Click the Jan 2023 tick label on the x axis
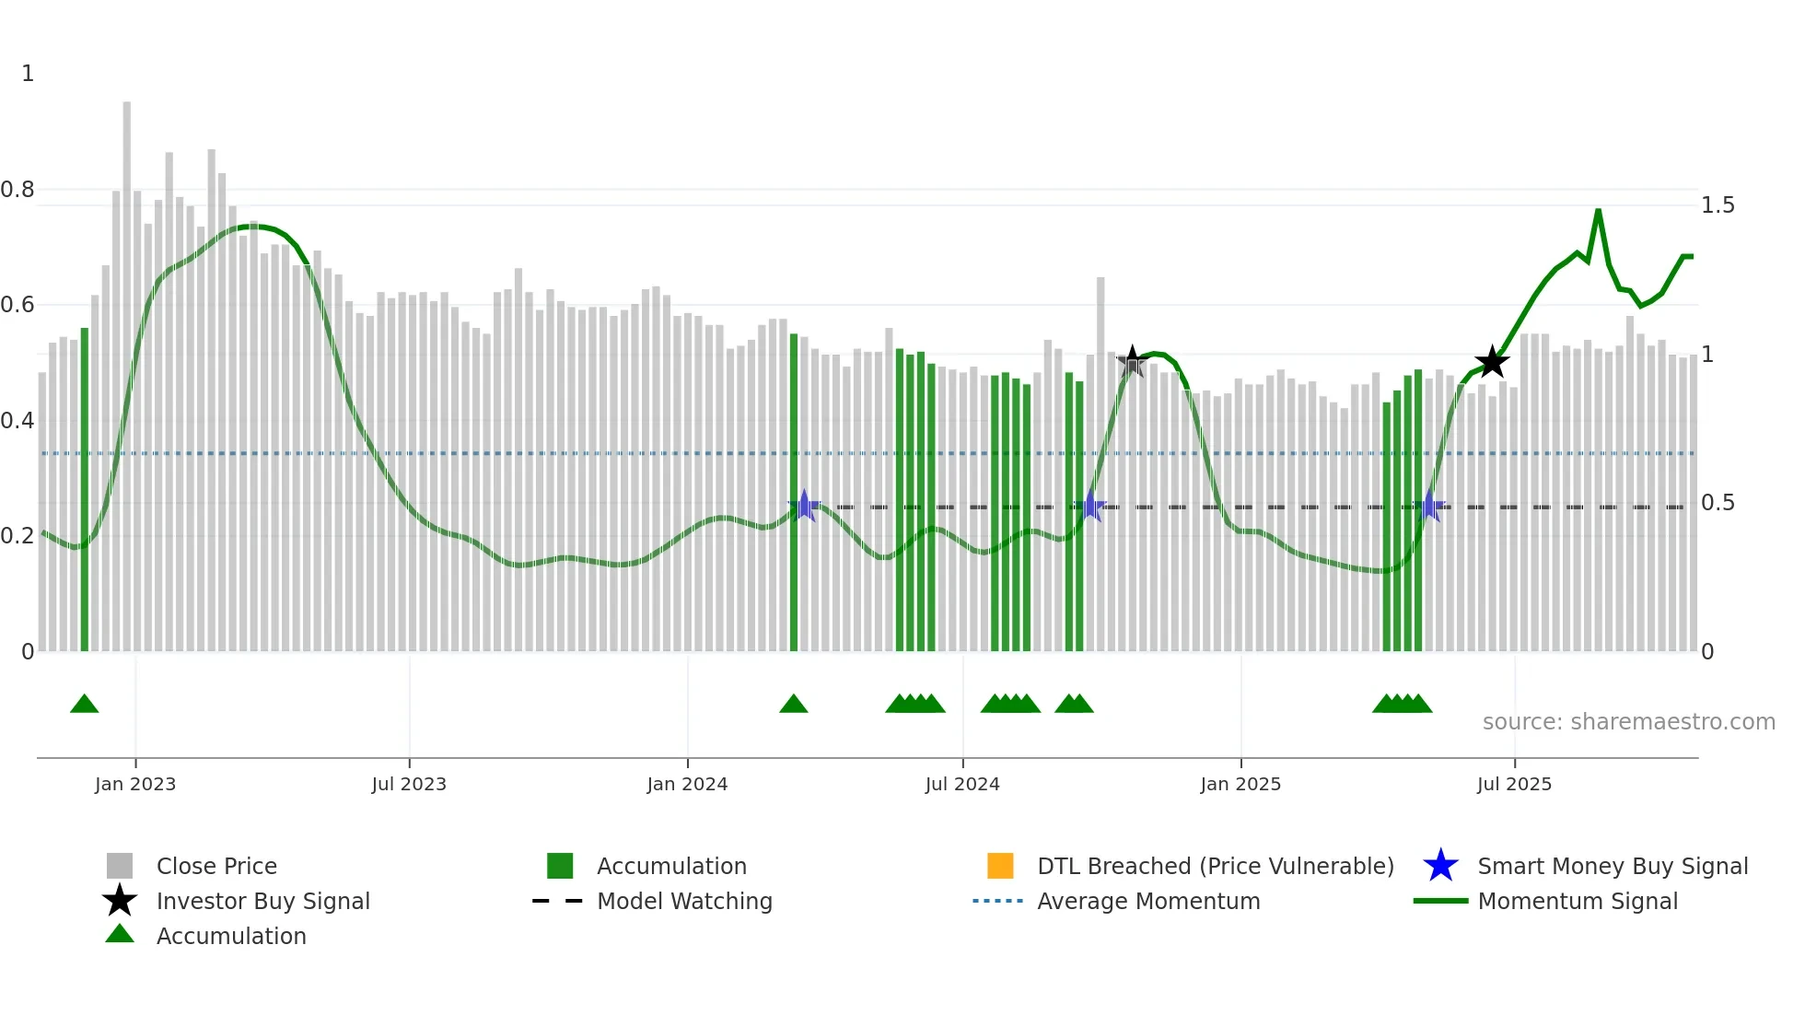135,785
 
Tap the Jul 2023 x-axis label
409,785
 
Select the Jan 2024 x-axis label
687,785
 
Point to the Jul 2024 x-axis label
962,785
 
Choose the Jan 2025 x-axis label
1240,785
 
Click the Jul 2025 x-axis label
1514,785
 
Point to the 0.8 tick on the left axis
17,190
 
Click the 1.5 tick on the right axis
1718,205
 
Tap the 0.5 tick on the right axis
1718,503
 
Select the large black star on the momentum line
1492,362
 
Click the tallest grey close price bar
127,368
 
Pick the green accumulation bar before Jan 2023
85,488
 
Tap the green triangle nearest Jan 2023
85,705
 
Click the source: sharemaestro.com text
1628,722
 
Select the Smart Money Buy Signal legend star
1440,866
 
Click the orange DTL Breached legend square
1000,866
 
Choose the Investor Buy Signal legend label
263,902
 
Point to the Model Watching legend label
684,902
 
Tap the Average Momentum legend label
1148,902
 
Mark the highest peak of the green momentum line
1598,211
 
